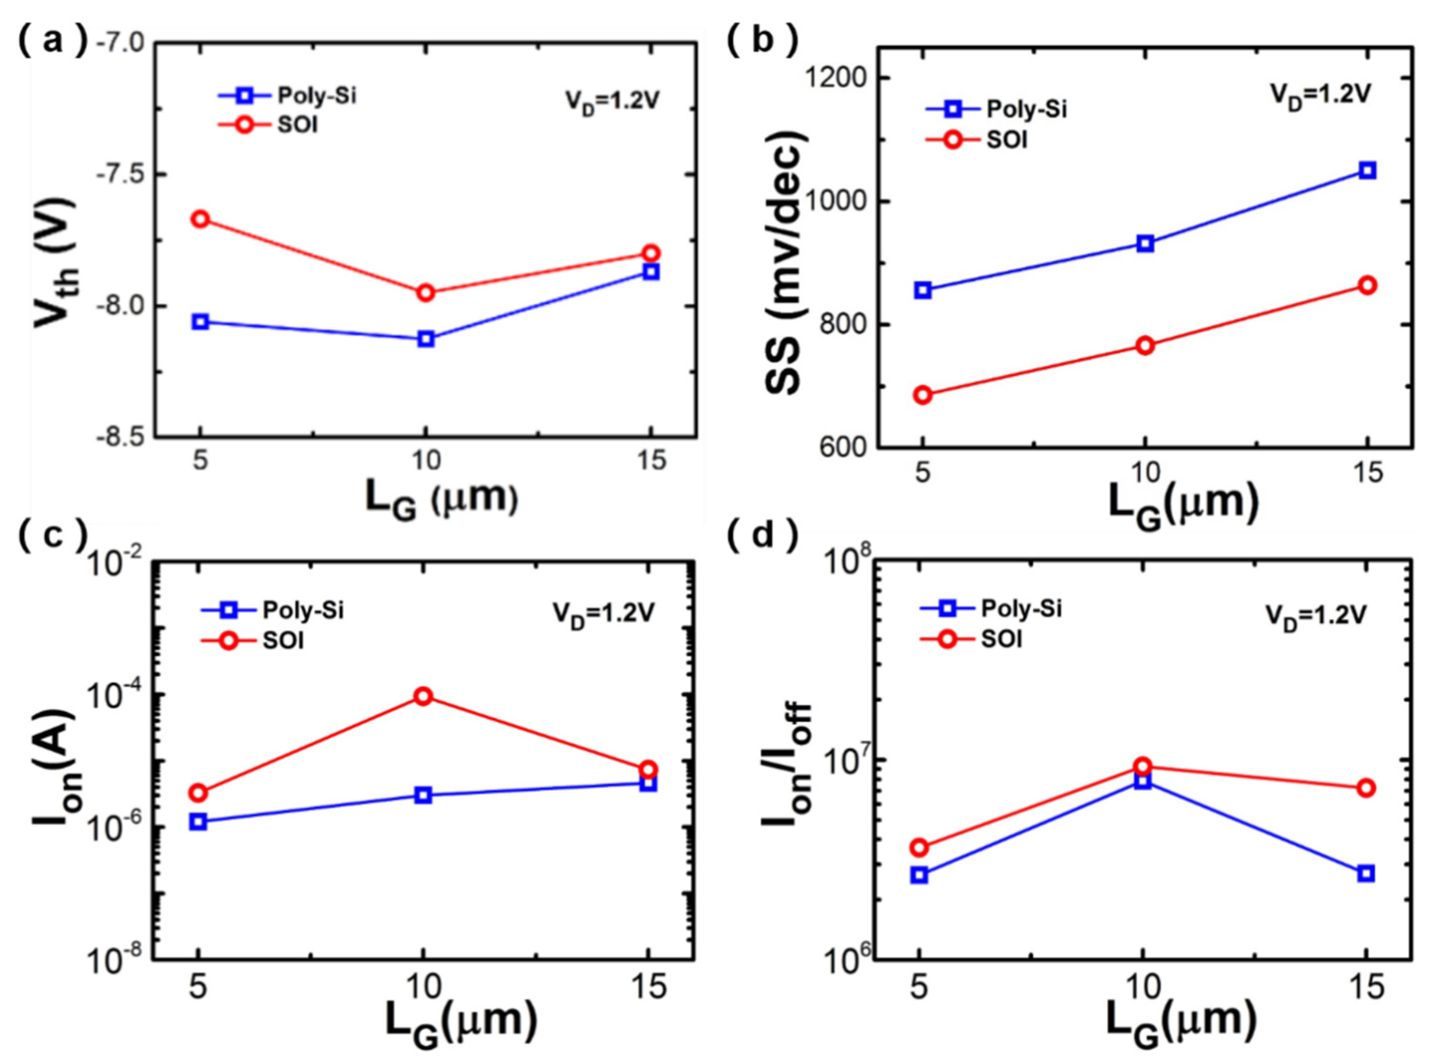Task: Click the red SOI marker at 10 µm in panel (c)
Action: pos(423,696)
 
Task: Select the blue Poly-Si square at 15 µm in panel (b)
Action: pos(1368,171)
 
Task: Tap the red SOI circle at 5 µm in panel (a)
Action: pos(201,219)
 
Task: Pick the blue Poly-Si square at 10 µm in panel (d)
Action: pos(1143,780)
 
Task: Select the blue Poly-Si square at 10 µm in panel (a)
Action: pos(425,339)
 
